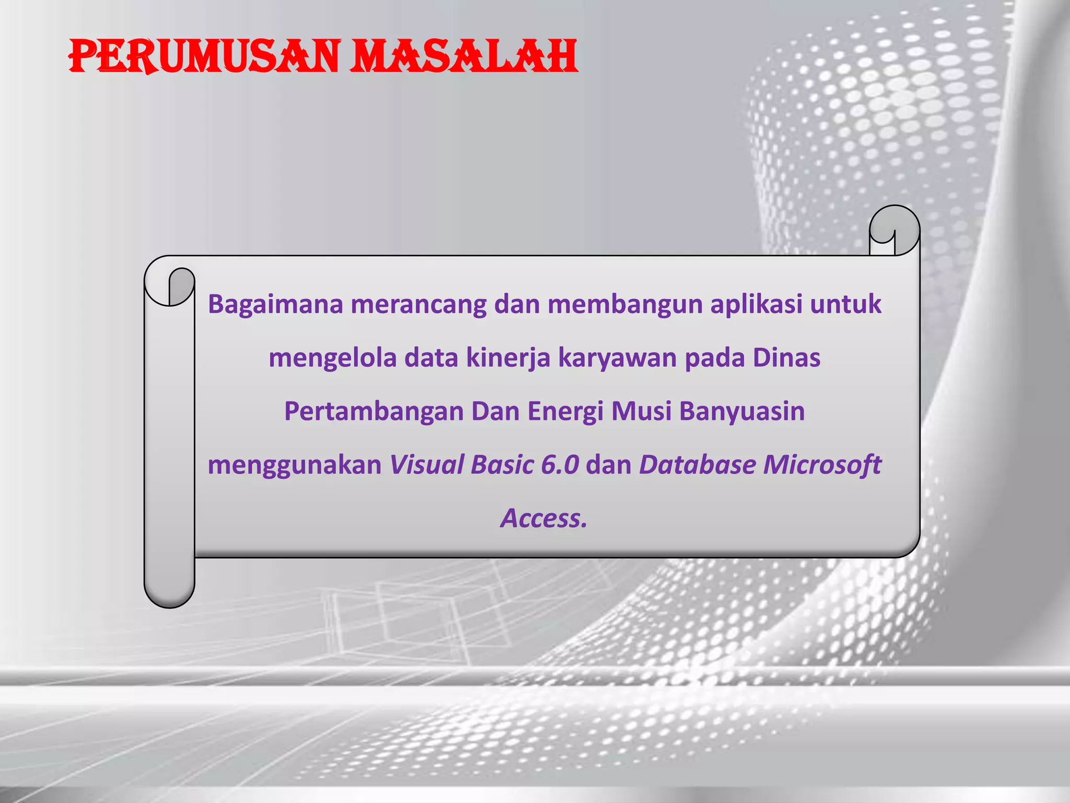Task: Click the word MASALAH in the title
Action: (463, 56)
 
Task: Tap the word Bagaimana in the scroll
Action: (275, 304)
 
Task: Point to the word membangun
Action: (625, 304)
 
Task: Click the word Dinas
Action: (786, 358)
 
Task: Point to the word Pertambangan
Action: (374, 411)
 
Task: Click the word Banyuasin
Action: (742, 411)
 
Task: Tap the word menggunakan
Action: (295, 465)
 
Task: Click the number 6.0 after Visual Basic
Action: (560, 464)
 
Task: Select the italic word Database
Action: (697, 464)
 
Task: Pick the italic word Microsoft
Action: (822, 464)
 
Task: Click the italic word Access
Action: (543, 518)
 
